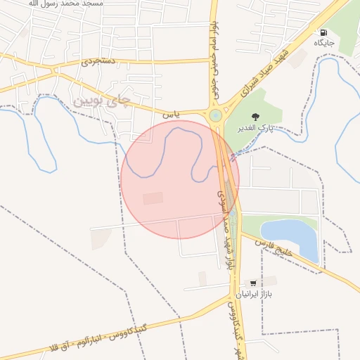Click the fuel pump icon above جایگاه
(323, 32)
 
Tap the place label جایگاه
(324, 44)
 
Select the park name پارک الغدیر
(255, 128)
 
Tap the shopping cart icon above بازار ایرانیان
(252, 283)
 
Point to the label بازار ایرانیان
(252, 295)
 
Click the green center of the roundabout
(215, 115)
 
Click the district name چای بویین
(101, 101)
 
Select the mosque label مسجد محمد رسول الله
(67, 4)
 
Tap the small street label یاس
(172, 112)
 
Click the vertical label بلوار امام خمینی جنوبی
(212, 59)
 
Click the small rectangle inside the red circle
(153, 198)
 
